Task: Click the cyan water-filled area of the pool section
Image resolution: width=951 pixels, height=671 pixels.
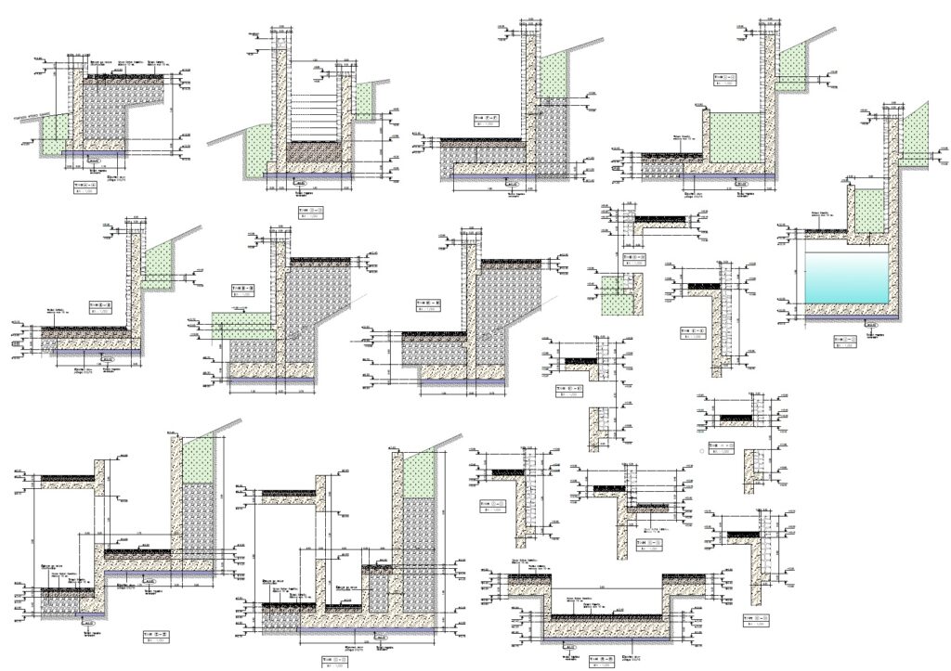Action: coord(845,277)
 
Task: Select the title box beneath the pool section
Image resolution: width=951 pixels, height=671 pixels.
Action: coord(844,342)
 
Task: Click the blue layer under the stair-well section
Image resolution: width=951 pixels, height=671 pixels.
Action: coord(306,174)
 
